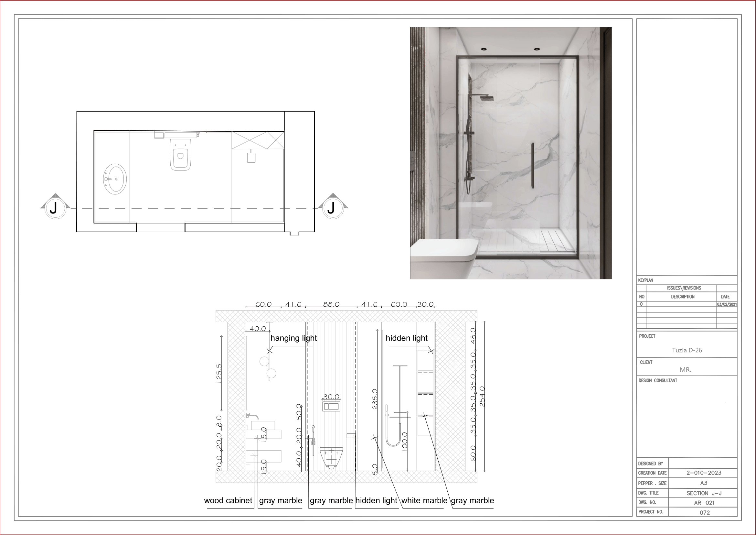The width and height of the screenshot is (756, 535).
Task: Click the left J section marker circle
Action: tap(55, 208)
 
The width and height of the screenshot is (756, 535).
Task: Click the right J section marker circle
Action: tap(333, 208)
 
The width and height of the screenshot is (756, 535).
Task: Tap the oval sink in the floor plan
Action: tap(115, 179)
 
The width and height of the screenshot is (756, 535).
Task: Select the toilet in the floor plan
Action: tap(180, 154)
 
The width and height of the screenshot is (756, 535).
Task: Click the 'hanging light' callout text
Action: tap(293, 338)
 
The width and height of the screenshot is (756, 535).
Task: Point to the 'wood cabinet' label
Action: tap(228, 500)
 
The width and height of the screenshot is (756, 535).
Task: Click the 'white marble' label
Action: tap(424, 500)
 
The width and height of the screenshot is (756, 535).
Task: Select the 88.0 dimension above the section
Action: tap(331, 304)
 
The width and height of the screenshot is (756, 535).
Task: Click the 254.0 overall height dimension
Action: tap(482, 396)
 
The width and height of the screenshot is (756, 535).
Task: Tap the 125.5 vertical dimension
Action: tap(219, 373)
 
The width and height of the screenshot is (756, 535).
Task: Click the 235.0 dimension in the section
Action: tap(375, 399)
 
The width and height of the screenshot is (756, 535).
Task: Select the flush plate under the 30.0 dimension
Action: tap(331, 407)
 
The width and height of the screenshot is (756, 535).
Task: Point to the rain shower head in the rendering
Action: tap(486, 98)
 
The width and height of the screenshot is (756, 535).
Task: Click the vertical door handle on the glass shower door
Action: tap(532, 166)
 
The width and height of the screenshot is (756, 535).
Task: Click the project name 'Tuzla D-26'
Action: tap(687, 350)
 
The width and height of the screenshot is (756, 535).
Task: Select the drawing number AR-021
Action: tap(704, 503)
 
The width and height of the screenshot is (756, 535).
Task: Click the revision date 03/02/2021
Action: tap(727, 304)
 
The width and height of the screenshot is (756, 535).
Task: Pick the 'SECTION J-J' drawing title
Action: tap(704, 493)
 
